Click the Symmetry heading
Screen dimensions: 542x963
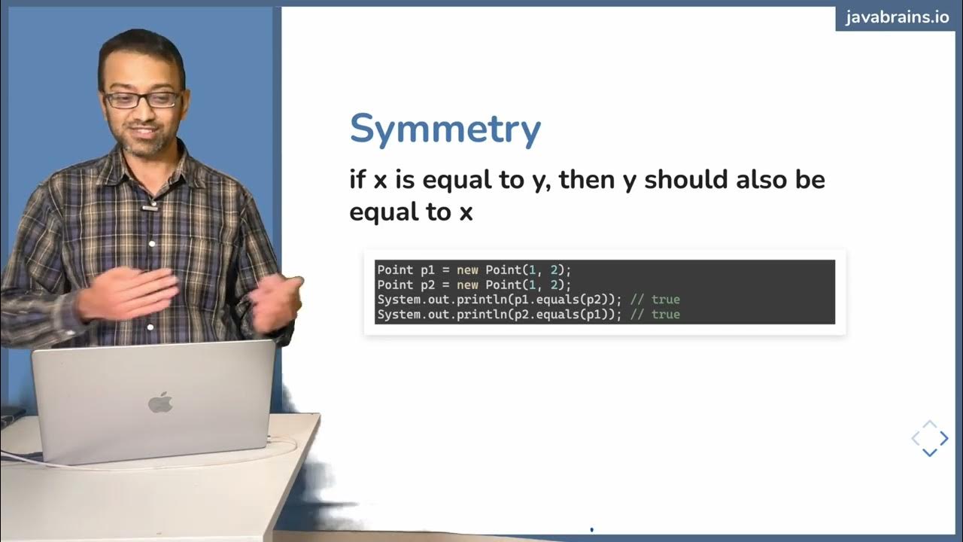(445, 129)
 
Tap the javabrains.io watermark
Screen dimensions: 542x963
(898, 17)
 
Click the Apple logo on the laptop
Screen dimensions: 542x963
(159, 403)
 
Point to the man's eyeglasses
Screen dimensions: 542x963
(142, 99)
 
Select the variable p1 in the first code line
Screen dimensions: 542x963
(421, 269)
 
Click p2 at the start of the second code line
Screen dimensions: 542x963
(421, 285)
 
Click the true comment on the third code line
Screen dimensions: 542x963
(665, 300)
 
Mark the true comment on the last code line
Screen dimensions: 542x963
(665, 315)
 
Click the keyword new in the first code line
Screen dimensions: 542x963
(466, 269)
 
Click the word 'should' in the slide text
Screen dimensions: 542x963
(675, 180)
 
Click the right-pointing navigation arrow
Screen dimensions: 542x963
(944, 438)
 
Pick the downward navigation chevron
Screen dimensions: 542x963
(929, 452)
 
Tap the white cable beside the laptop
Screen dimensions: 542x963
(286, 447)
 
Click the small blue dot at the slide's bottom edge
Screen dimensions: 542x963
(591, 530)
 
